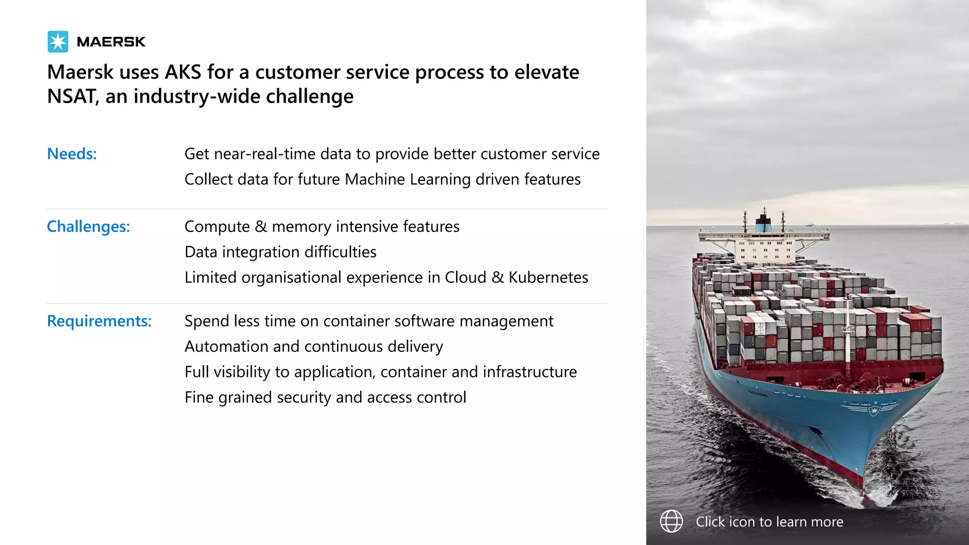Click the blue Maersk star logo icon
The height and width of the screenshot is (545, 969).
coord(58,42)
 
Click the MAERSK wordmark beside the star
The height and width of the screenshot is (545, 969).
coord(111,42)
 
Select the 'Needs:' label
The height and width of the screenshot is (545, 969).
coord(72,154)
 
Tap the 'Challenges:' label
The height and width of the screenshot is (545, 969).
coord(88,227)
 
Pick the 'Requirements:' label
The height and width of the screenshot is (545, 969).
coord(99,321)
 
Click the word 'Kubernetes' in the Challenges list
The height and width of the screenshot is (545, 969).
coord(548,277)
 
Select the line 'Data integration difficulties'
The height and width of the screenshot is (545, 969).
coord(281,252)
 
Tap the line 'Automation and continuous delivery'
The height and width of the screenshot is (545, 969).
coord(314,347)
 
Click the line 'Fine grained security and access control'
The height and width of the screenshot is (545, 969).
coord(326,397)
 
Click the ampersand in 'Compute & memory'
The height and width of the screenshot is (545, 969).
coord(261,227)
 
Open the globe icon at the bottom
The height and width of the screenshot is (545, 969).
coord(671,521)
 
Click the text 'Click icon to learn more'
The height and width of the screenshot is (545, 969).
coord(769,522)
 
